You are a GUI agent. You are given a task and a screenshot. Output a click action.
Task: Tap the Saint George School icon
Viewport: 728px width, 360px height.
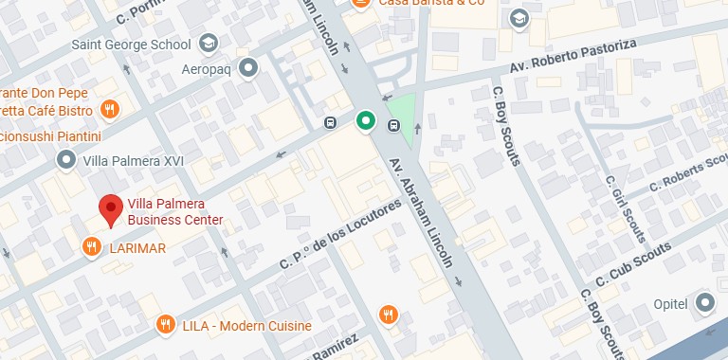208,43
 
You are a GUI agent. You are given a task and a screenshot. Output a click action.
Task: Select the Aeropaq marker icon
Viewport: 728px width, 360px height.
248,67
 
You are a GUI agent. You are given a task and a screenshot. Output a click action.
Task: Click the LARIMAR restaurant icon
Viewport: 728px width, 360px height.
91,248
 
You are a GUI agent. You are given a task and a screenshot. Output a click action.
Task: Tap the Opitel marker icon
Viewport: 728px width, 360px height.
704,302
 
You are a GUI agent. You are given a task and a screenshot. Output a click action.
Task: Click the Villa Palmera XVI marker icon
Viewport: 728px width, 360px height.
65,161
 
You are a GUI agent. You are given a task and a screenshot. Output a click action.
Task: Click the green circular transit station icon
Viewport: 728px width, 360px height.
365,120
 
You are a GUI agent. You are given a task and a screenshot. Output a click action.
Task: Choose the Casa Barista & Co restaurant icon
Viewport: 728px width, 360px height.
360,4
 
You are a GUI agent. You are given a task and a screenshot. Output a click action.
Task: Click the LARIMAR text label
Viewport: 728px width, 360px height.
136,248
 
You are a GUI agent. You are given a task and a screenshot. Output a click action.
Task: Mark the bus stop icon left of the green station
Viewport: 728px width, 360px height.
330,122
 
